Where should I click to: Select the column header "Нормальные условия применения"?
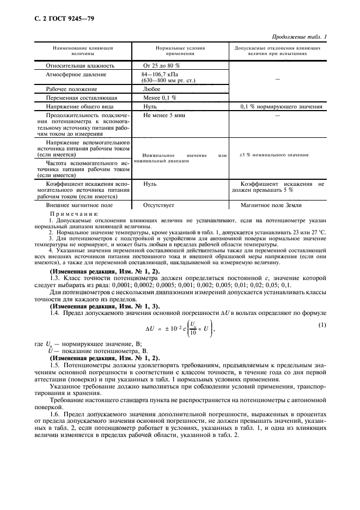(x=180, y=51)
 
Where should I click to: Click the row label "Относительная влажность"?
(x=80, y=65)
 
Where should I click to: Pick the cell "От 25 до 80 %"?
(x=162, y=65)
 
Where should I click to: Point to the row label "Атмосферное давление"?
(x=76, y=75)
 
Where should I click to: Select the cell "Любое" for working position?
(x=151, y=88)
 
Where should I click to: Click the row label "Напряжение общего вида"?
(x=79, y=107)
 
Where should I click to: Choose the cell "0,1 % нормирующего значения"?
(x=281, y=107)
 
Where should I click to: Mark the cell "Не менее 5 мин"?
(x=162, y=116)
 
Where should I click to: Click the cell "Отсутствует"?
(x=158, y=205)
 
